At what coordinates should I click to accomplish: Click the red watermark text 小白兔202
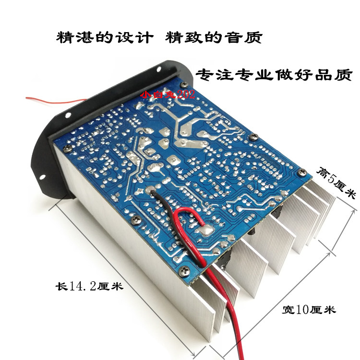[168, 95]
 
